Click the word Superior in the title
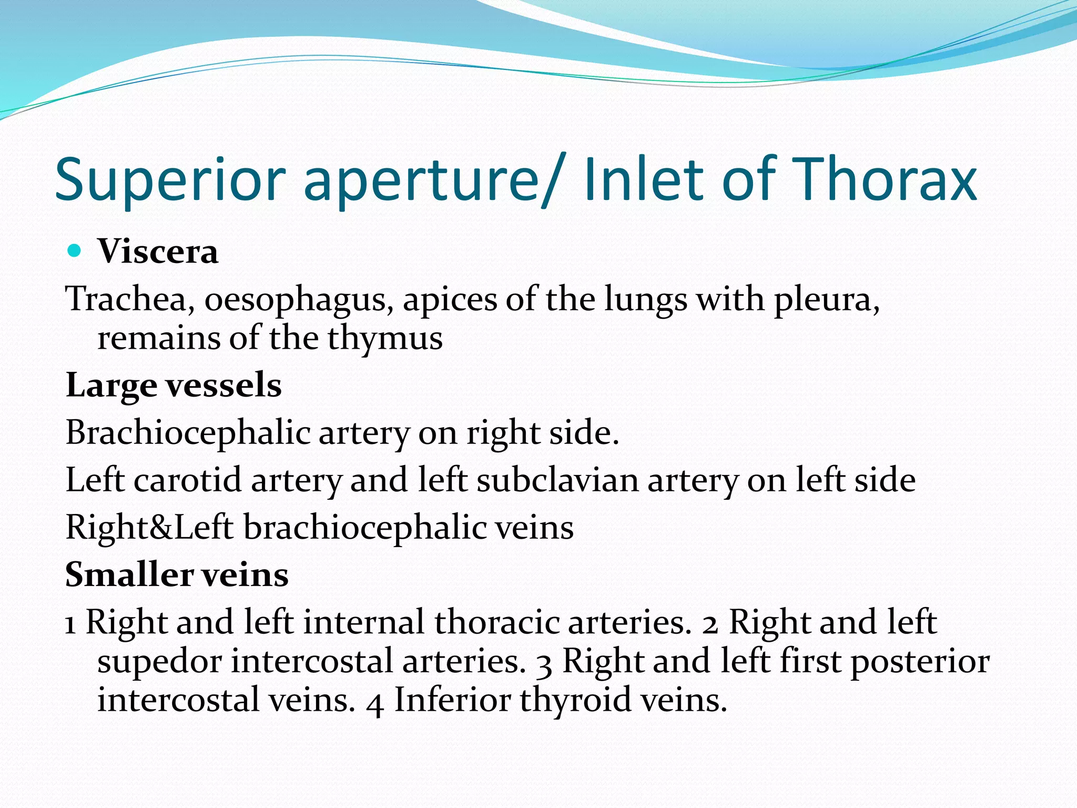click(x=170, y=180)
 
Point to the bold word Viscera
click(x=158, y=251)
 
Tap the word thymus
click(x=385, y=339)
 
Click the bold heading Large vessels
click(x=174, y=386)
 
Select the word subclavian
click(x=557, y=480)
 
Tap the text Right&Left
click(x=149, y=527)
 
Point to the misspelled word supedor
click(x=159, y=662)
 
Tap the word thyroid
click(x=575, y=701)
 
